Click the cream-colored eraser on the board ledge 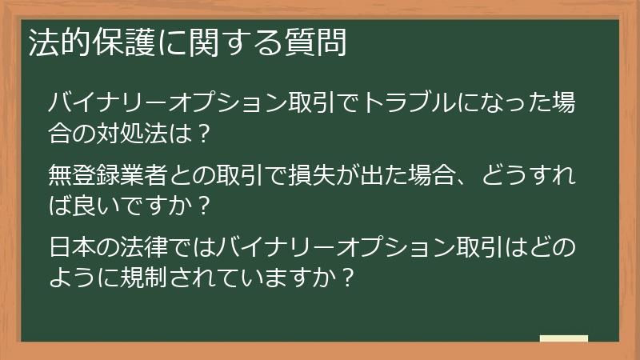tap(564, 338)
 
